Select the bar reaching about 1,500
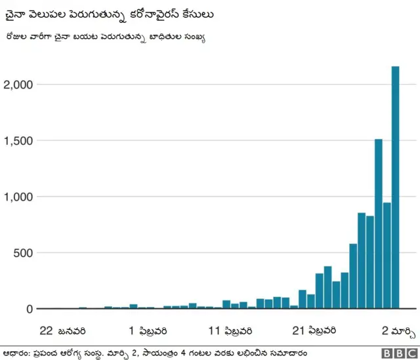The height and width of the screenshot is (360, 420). (x=379, y=223)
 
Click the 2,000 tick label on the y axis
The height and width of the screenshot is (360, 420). (x=18, y=85)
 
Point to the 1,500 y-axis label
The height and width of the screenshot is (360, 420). (x=18, y=141)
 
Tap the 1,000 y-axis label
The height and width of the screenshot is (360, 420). (x=18, y=197)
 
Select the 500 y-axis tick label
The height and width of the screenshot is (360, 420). (x=22, y=253)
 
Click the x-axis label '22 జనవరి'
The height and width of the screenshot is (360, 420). (x=62, y=329)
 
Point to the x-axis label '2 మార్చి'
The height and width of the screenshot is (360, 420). (x=399, y=329)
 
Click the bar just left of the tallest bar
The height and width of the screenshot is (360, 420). (x=387, y=255)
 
